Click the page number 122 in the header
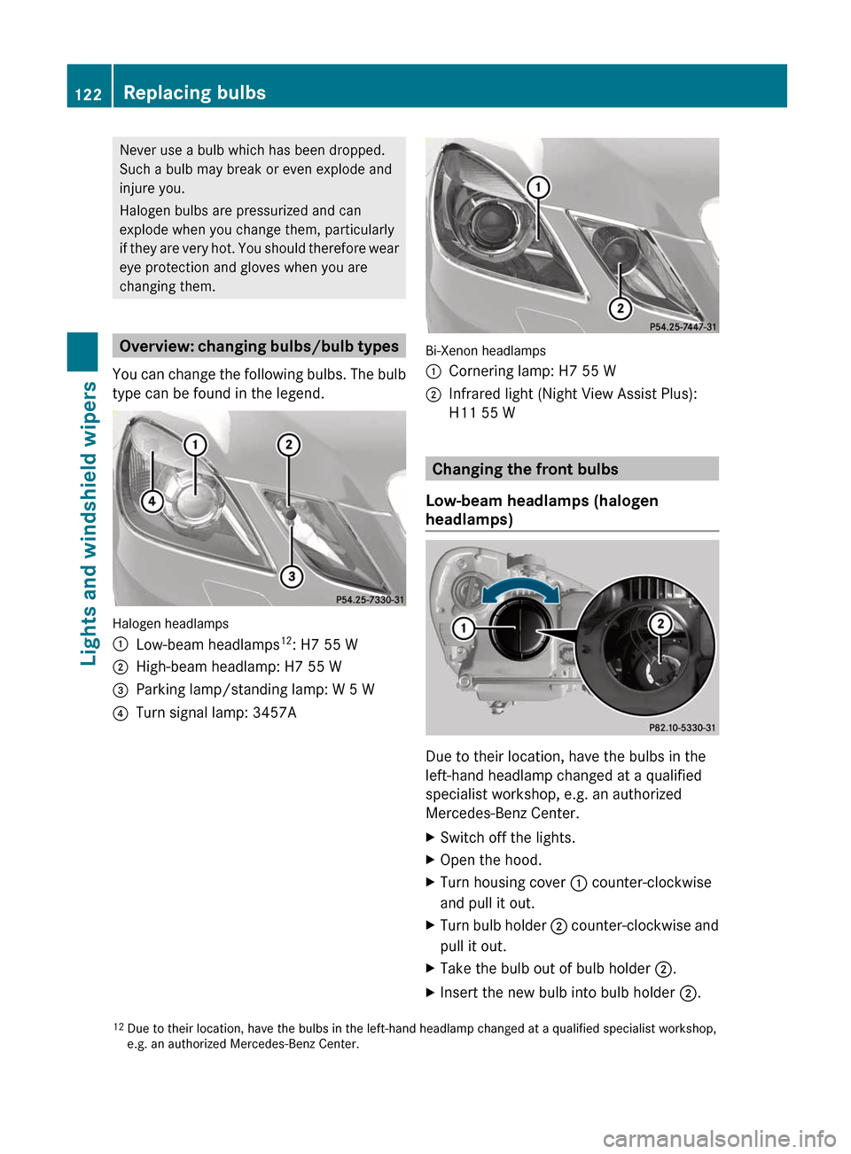(89, 94)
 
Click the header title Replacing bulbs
(194, 92)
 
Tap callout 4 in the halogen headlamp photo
(152, 502)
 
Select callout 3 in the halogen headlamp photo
(291, 577)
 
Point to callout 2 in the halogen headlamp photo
(288, 444)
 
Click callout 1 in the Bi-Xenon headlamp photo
(537, 187)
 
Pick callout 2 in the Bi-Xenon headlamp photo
(620, 308)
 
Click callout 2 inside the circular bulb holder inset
(660, 624)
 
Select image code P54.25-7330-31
(370, 600)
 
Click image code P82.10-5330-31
(682, 728)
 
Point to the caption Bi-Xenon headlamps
(486, 351)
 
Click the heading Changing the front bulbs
(525, 469)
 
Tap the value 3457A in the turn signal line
(274, 713)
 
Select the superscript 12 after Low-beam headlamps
(286, 640)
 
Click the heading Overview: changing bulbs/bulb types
(259, 347)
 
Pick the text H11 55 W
(481, 413)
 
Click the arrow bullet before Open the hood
(431, 860)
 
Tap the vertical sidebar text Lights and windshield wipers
(89, 523)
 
